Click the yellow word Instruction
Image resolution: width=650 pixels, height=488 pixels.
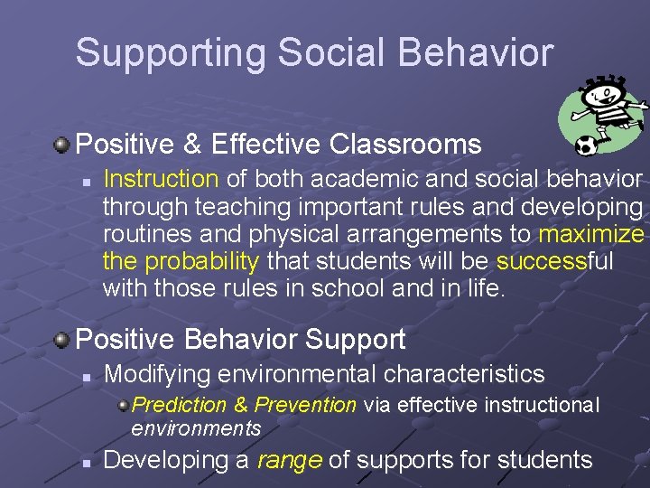[x=162, y=179]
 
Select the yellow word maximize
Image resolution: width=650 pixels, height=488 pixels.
[x=591, y=235]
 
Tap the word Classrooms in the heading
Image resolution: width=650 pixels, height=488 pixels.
[x=405, y=144]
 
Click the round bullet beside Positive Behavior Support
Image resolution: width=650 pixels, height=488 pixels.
[x=61, y=340]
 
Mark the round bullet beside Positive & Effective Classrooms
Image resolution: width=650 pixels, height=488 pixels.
[x=61, y=144]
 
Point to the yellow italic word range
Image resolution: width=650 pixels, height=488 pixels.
[x=289, y=460]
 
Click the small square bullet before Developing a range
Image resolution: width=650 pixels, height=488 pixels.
[x=84, y=461]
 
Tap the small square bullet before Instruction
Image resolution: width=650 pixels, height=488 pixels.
[x=84, y=181]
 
